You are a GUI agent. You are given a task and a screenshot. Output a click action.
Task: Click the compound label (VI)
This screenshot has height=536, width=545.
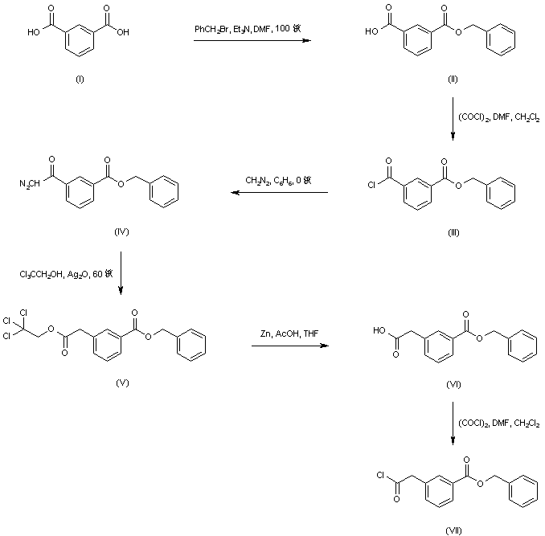(453, 385)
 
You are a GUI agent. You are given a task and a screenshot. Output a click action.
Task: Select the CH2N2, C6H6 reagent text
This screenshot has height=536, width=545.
(276, 181)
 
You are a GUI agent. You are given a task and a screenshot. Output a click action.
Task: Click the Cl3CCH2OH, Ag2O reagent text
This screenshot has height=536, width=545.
(71, 274)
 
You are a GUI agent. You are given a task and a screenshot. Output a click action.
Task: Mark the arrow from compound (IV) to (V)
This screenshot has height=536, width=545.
(121, 273)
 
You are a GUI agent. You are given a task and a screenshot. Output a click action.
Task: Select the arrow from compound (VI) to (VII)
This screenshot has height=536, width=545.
(453, 423)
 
